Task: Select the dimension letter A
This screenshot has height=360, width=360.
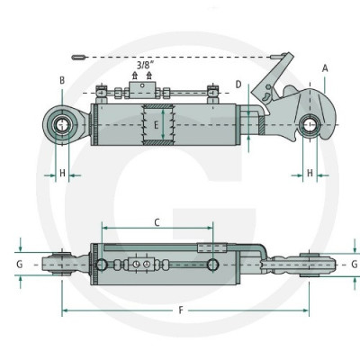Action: click(x=325, y=68)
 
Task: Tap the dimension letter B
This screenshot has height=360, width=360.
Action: click(x=62, y=80)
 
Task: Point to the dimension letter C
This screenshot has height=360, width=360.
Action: click(x=157, y=222)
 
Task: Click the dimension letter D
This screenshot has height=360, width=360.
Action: click(x=238, y=85)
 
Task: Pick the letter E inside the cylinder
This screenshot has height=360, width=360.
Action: click(x=156, y=125)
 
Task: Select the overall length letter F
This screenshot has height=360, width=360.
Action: click(x=181, y=310)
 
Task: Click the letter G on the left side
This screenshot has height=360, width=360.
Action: click(x=20, y=265)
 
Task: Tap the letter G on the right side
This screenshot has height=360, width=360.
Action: click(x=355, y=265)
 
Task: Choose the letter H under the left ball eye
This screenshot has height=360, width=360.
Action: click(x=62, y=173)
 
